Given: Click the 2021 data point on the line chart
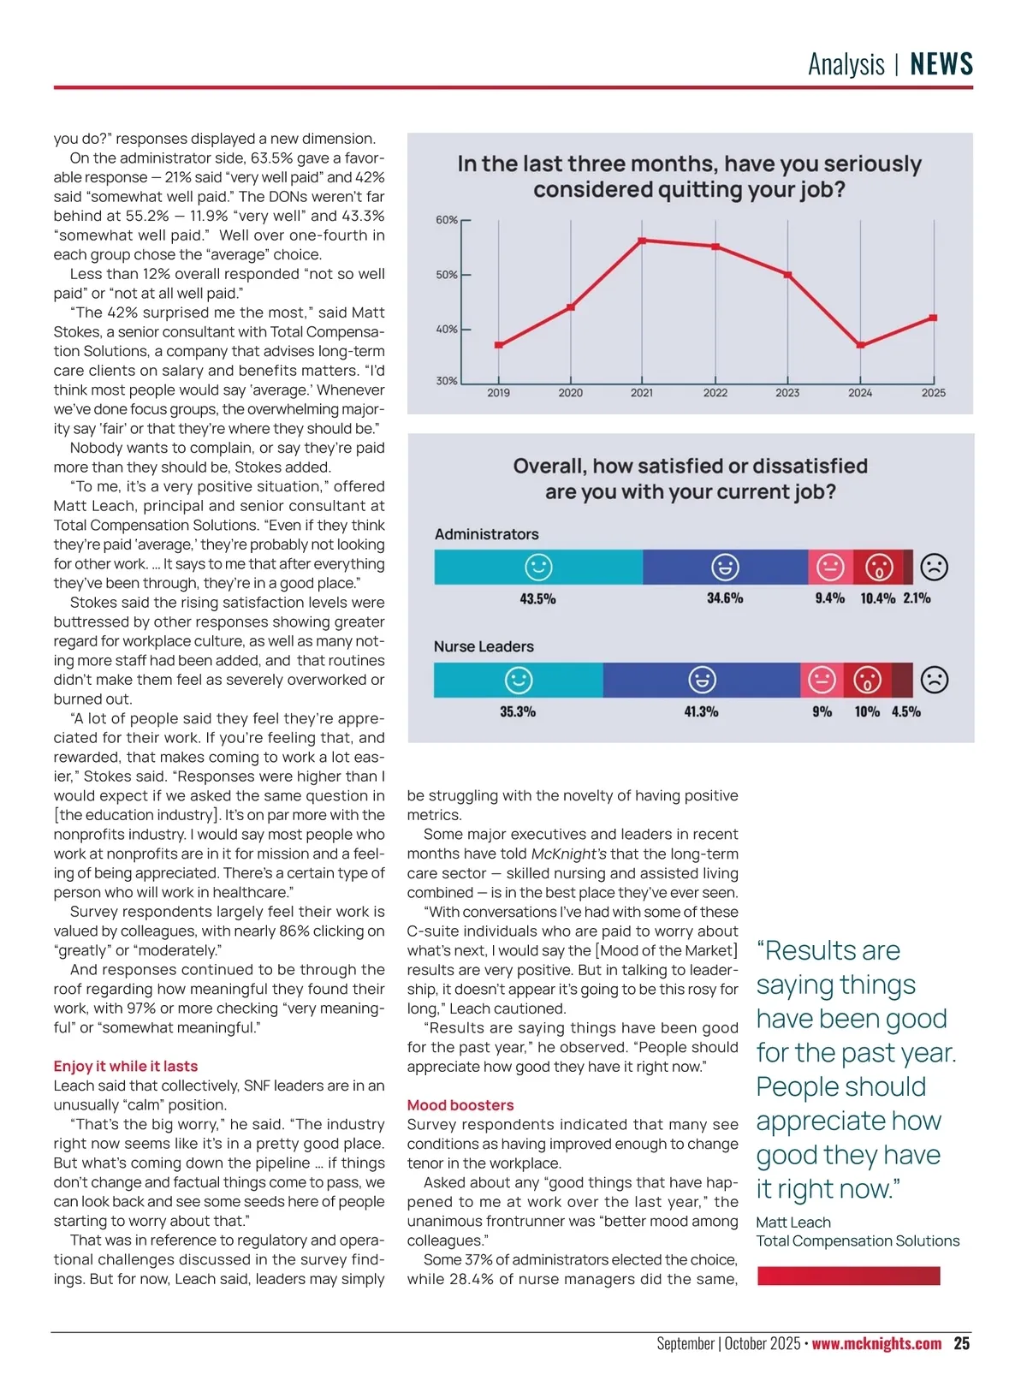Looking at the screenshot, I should point(642,241).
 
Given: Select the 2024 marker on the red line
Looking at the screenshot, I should point(860,345).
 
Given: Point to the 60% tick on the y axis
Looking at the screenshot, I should point(447,220).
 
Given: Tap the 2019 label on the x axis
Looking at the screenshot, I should point(498,393).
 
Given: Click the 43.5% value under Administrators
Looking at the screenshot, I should point(537,598).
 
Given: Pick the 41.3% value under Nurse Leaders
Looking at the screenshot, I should point(701,711).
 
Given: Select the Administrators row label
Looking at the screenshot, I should point(486,534).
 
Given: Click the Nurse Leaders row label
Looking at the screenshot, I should point(484,646).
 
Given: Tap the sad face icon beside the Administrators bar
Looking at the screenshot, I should point(934,567).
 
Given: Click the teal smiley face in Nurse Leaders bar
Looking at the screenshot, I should point(518,680).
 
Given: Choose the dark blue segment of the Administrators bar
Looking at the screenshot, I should point(725,567).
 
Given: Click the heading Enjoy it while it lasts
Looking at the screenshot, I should point(126,1066).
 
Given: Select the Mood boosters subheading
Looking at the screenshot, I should point(460,1105).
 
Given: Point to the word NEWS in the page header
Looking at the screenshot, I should point(941,64).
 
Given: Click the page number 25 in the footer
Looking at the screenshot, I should point(962,1343).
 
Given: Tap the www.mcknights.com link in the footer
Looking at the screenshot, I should point(876,1343).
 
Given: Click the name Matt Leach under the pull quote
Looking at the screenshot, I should point(793,1222).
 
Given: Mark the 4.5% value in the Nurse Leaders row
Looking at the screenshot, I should point(906,711).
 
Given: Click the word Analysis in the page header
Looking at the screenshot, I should point(846,64).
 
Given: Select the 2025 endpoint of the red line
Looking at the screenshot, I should point(933,318).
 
